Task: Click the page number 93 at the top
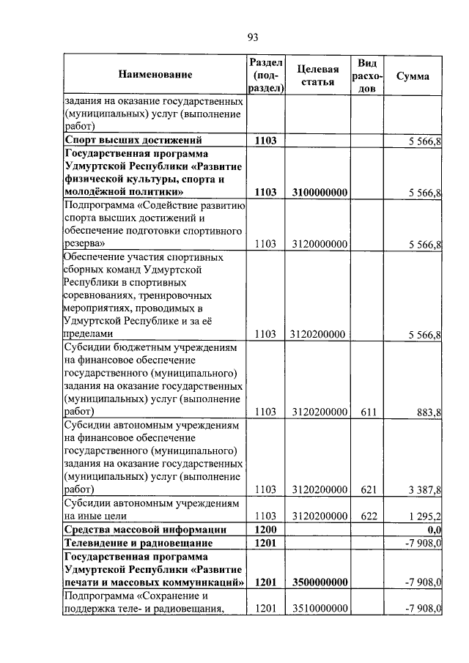254,37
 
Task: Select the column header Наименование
154,75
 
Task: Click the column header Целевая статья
319,75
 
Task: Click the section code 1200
265,529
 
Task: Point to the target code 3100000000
319,193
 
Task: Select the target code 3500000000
319,582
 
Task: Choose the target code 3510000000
319,609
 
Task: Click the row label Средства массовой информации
145,529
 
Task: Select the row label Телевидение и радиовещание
139,543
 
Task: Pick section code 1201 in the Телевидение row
265,543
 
